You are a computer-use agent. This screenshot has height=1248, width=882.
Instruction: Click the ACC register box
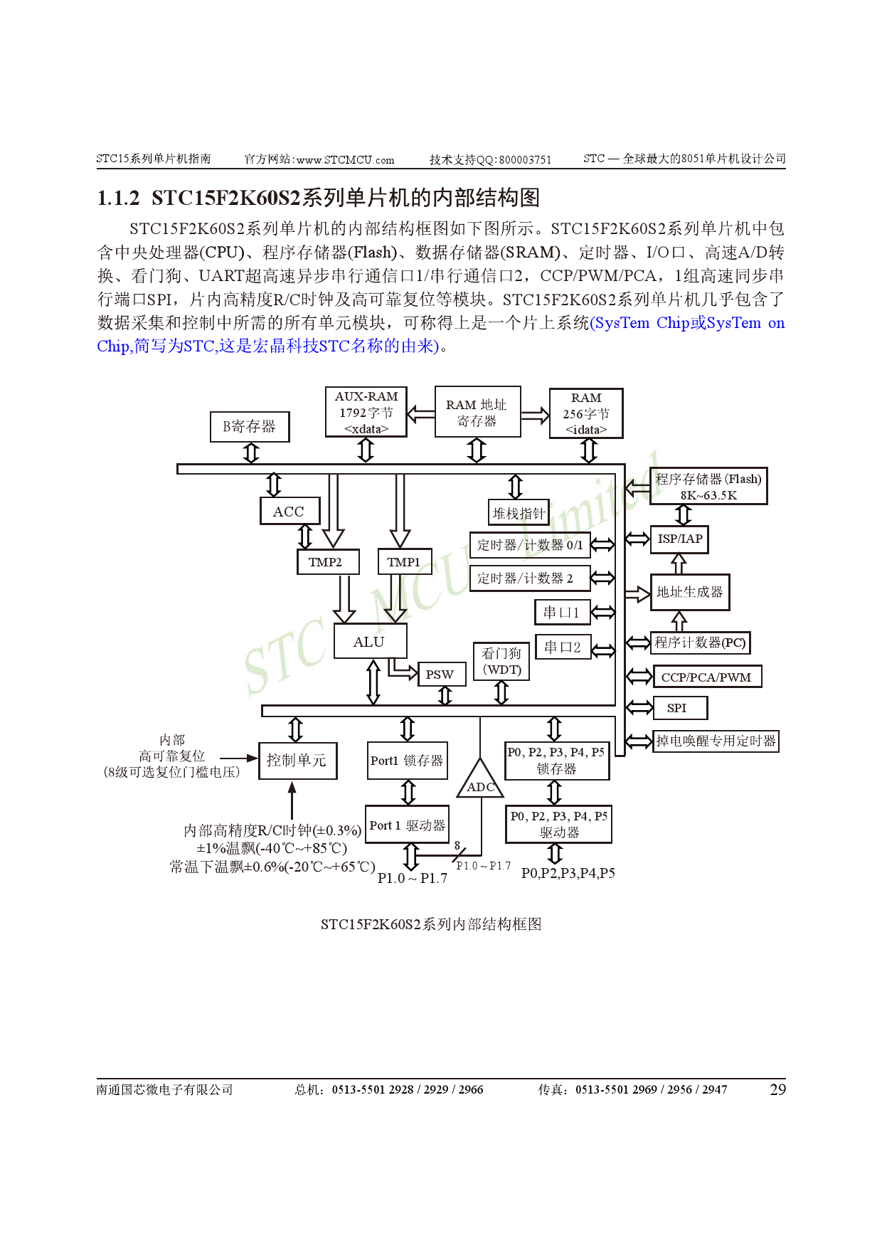(x=289, y=511)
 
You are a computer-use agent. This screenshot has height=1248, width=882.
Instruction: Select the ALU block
(x=369, y=642)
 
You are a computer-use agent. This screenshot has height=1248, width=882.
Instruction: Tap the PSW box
(x=440, y=674)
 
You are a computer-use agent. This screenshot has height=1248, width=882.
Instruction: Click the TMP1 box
(x=404, y=561)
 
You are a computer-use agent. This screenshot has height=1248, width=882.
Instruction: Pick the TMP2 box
(x=326, y=561)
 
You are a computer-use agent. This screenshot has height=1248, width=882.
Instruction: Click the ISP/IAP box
(x=679, y=539)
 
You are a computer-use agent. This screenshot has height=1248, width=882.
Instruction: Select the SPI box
(x=677, y=708)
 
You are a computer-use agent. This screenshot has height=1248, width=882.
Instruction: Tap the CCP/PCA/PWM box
(x=706, y=677)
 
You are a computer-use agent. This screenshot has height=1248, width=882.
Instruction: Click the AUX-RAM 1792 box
(x=366, y=412)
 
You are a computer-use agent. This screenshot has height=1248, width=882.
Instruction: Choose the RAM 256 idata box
(x=586, y=413)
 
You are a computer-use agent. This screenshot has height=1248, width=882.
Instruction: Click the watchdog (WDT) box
(x=501, y=661)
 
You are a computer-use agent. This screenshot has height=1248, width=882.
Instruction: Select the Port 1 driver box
(x=407, y=825)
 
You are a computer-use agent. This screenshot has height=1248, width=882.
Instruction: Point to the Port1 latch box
(x=407, y=761)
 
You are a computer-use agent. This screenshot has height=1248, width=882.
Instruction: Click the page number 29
(x=777, y=1089)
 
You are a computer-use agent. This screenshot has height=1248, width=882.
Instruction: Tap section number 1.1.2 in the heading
(x=118, y=198)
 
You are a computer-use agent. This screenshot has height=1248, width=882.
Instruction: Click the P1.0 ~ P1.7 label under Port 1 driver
(x=412, y=878)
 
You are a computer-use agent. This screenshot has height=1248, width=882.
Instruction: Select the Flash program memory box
(x=708, y=486)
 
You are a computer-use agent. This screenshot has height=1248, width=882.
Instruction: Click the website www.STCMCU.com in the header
(x=345, y=159)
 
